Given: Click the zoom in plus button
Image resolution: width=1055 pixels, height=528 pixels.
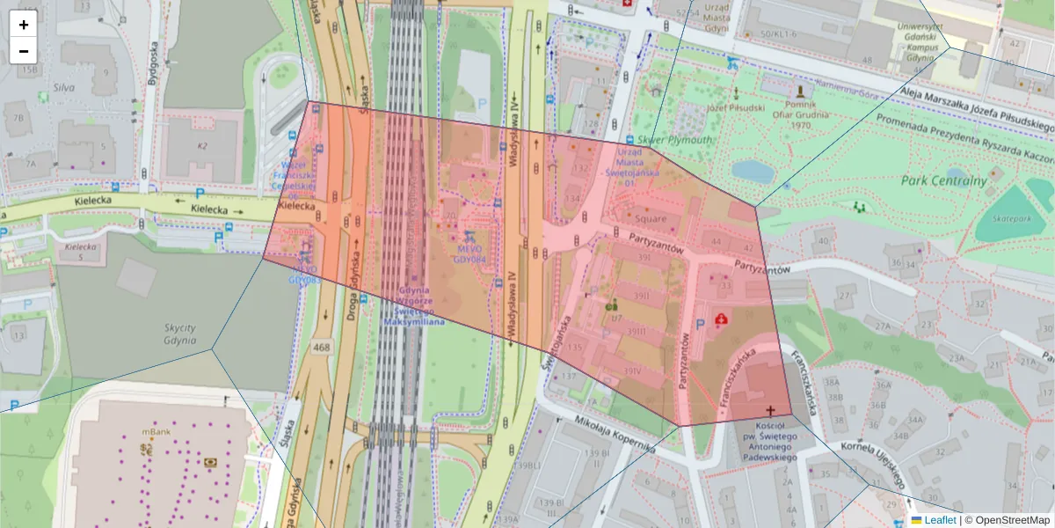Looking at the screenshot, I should tap(24, 25).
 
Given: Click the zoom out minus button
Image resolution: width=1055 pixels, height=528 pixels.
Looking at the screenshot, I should tap(24, 51).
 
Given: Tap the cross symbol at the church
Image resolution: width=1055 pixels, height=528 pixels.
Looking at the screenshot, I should tap(771, 410).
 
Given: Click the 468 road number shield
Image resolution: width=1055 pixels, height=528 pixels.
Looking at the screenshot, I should tap(321, 348).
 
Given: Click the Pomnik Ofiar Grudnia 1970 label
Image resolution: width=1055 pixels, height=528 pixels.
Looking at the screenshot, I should tap(800, 113).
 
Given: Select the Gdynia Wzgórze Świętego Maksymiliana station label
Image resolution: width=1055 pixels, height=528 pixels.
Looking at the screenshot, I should tap(413, 305).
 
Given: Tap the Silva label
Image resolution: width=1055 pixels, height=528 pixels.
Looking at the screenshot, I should tap(62, 88).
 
